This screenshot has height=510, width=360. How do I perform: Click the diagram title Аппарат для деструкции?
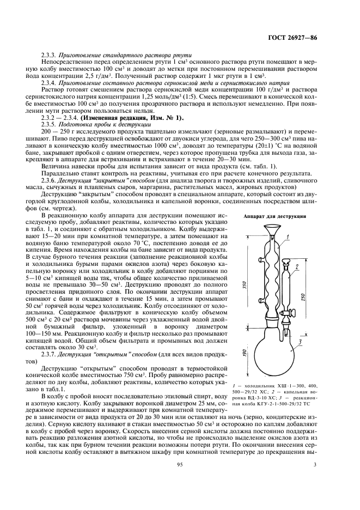click(x=272, y=216)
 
